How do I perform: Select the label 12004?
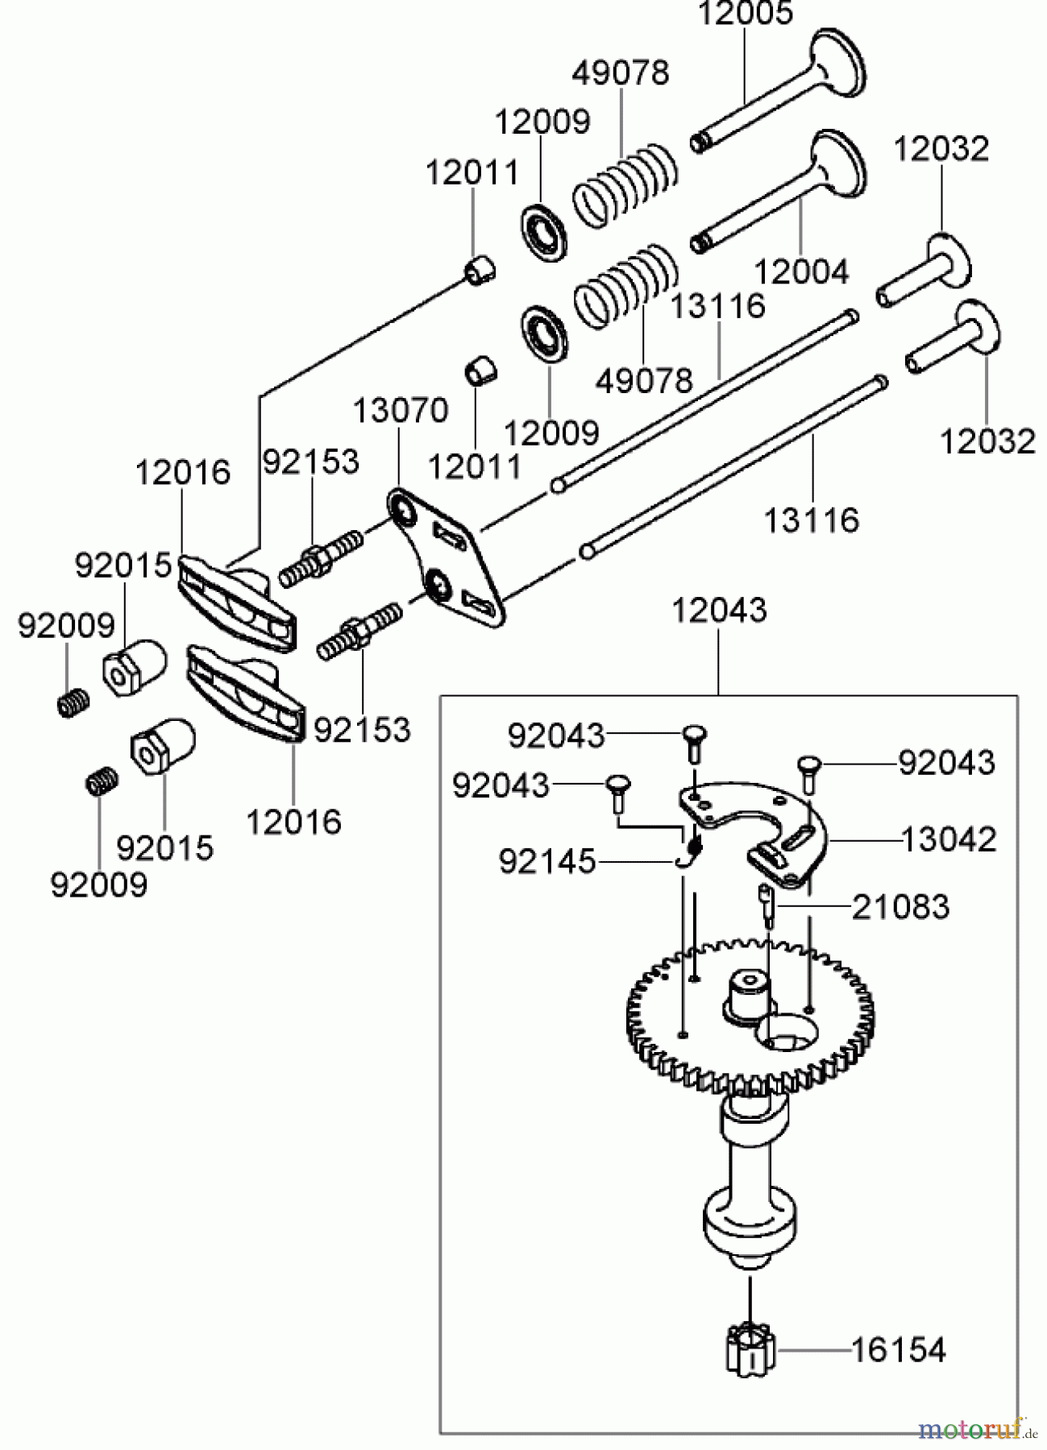click(801, 271)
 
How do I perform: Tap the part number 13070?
click(400, 411)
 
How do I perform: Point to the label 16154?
click(898, 1349)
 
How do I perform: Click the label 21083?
click(901, 907)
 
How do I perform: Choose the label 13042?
click(948, 839)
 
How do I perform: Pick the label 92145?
click(546, 862)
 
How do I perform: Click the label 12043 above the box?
click(719, 610)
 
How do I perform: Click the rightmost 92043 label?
click(946, 762)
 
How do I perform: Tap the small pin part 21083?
click(767, 904)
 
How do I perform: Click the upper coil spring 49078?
click(625, 185)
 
